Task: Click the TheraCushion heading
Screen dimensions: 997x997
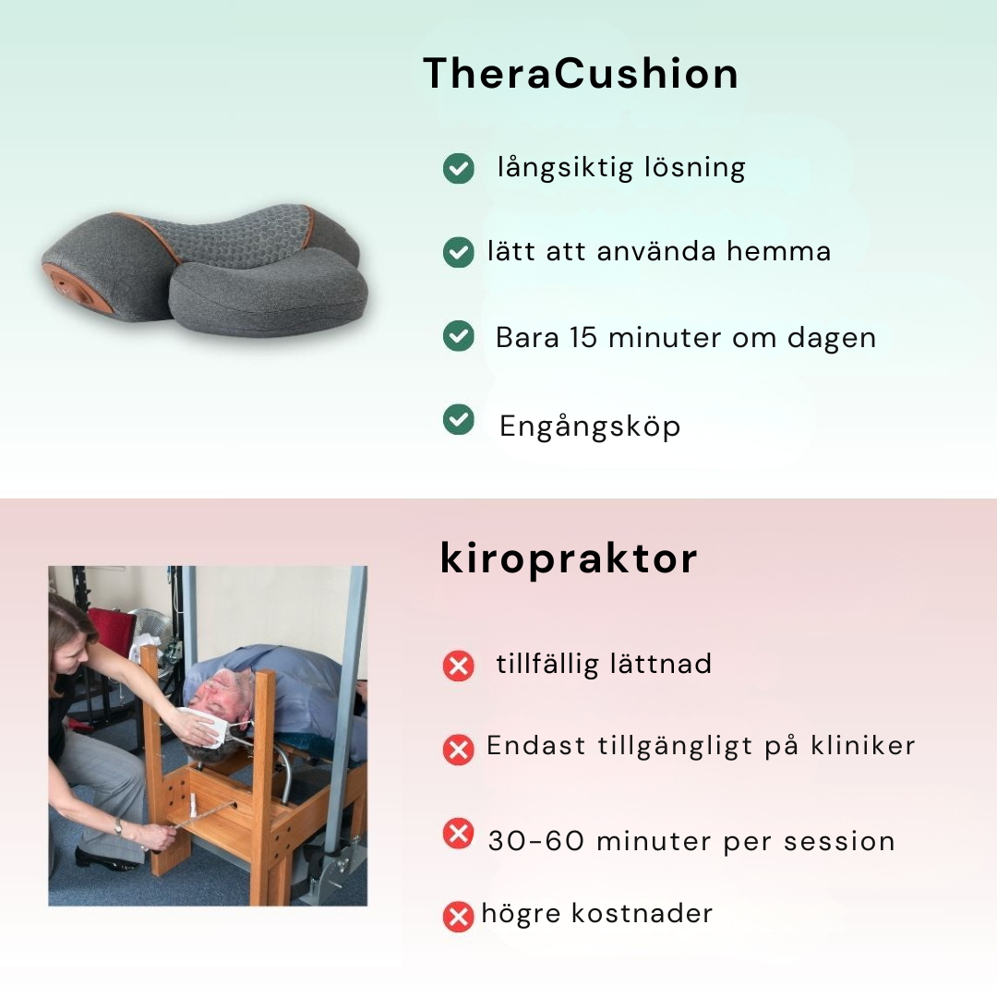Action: (x=581, y=73)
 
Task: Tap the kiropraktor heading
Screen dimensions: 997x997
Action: (x=569, y=559)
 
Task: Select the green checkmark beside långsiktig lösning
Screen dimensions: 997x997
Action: (x=459, y=169)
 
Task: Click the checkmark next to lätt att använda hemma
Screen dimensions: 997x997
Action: (x=459, y=252)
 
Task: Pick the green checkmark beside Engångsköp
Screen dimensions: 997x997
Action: (x=459, y=420)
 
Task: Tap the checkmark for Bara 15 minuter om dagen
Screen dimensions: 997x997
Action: (x=459, y=336)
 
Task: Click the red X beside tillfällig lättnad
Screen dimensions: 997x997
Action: (x=459, y=666)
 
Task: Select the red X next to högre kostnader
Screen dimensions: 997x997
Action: (x=459, y=917)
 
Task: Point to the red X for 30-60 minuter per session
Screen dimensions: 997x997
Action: (x=459, y=834)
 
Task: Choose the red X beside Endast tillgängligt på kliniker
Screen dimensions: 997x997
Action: (x=459, y=750)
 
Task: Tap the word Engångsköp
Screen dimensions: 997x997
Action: (x=590, y=426)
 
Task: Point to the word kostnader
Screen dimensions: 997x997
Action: (x=643, y=913)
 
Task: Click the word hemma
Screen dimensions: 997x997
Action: (x=779, y=251)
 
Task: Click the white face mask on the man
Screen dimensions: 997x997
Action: (x=213, y=726)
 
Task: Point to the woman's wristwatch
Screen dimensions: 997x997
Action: (x=118, y=827)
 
